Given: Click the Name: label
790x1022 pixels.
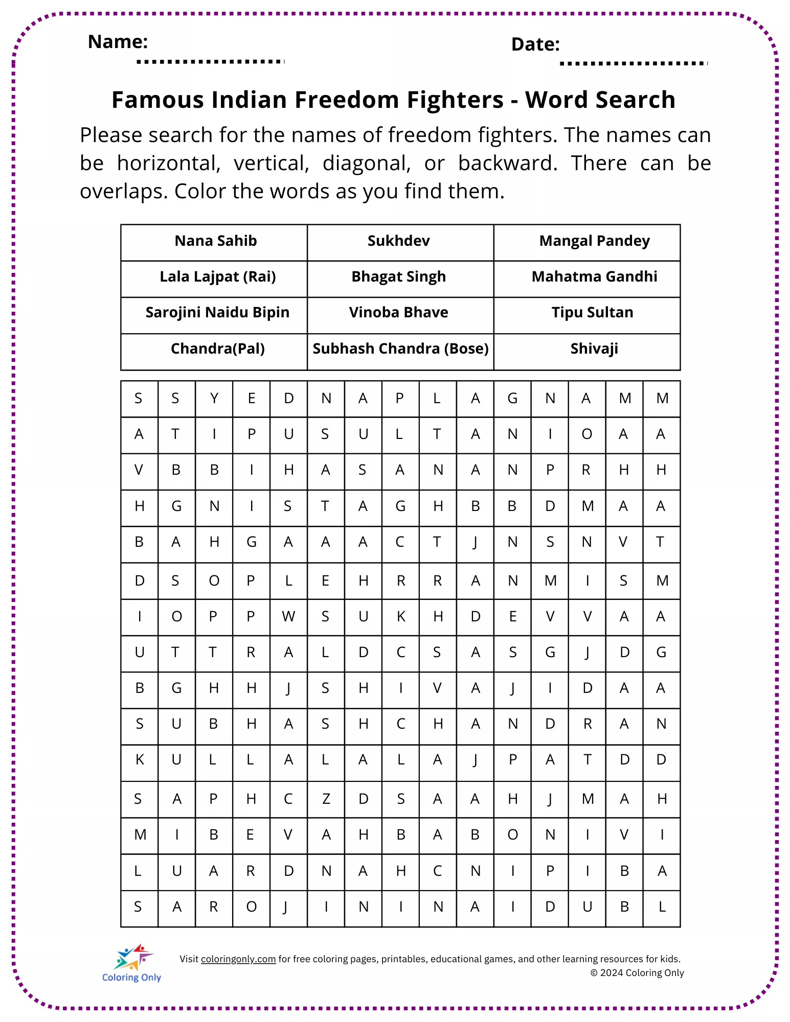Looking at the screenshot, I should [x=118, y=42].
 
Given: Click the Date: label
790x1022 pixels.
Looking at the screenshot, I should [x=535, y=45].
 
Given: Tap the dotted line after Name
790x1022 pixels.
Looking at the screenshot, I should [x=210, y=62].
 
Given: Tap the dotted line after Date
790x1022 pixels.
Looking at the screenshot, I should [x=633, y=64].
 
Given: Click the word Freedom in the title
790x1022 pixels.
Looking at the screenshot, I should [x=348, y=100].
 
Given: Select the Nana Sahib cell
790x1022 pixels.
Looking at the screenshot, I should [x=215, y=241].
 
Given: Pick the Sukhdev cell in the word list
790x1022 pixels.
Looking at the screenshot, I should [x=399, y=241].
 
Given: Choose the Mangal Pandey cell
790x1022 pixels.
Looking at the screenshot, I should [x=594, y=241].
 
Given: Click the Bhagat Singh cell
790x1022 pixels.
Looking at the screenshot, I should [x=399, y=277].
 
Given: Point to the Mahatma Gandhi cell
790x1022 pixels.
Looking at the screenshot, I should [x=594, y=277].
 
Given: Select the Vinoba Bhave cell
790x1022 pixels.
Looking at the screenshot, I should [x=399, y=313].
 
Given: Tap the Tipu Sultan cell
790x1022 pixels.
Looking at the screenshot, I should [x=592, y=313].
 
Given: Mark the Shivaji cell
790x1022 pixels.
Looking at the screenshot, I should [x=594, y=349].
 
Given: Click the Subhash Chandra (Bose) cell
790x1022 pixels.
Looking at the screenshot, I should [x=400, y=349].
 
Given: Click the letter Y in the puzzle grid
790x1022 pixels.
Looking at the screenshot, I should [x=214, y=399].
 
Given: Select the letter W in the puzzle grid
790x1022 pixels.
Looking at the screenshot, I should [x=288, y=617].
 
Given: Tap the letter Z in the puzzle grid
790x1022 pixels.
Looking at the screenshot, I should [x=326, y=799].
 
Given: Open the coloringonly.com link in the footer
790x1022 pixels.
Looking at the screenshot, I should [x=238, y=959].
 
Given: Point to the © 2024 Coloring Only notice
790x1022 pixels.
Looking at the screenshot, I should [x=637, y=973].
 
